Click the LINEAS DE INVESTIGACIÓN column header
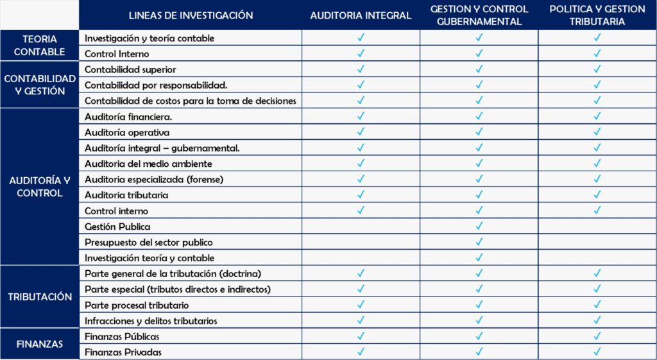click(x=191, y=15)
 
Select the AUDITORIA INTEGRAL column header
click(x=361, y=15)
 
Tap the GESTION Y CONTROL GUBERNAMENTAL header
click(x=479, y=15)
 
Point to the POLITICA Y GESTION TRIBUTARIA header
click(x=597, y=15)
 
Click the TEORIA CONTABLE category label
click(x=39, y=46)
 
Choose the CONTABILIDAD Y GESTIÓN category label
click(x=39, y=85)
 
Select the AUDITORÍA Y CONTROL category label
click(x=39, y=187)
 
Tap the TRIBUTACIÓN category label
click(x=39, y=297)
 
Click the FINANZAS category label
click(x=39, y=344)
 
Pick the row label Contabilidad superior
click(x=130, y=69)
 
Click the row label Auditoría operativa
click(x=127, y=132)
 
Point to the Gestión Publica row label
click(x=117, y=227)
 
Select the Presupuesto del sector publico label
click(x=148, y=243)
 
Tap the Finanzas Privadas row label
click(x=123, y=352)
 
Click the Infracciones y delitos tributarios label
click(x=151, y=321)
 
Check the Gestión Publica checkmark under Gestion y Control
click(x=479, y=227)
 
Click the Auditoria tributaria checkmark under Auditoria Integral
click(x=361, y=195)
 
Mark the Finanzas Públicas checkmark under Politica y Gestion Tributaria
click(x=597, y=336)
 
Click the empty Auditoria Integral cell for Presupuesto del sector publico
click(x=361, y=243)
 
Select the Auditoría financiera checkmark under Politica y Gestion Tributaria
click(x=597, y=116)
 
